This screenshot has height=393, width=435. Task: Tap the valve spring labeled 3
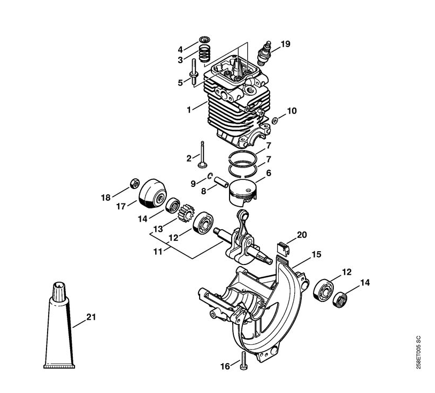[205, 54]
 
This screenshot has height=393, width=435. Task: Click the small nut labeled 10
[275, 120]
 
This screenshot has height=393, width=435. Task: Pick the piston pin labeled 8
[222, 182]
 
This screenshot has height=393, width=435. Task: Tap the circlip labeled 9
[210, 176]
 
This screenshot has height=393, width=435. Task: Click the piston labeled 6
[243, 192]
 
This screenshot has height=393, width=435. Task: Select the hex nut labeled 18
[134, 183]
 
